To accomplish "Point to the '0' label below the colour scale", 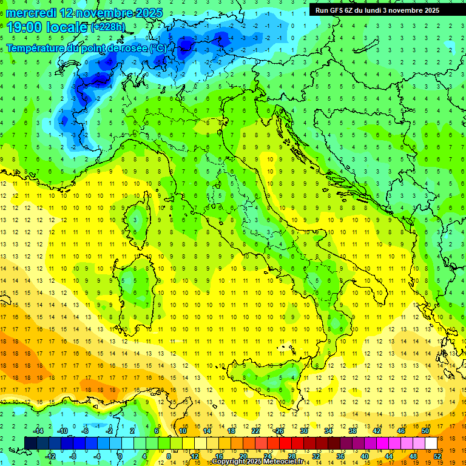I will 120,456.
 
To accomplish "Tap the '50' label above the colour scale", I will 425,431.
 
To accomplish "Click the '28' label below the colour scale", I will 291,456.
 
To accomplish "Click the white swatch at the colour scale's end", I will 431,444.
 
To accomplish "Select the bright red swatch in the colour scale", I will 285,444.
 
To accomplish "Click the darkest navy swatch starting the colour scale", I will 30,444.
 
